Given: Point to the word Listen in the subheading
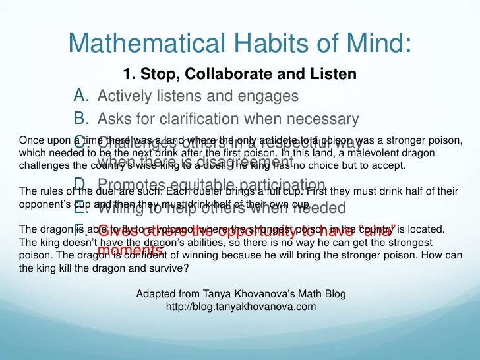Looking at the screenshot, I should (332, 74).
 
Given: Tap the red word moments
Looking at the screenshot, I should (129, 251).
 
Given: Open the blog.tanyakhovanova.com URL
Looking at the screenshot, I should (241, 307).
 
